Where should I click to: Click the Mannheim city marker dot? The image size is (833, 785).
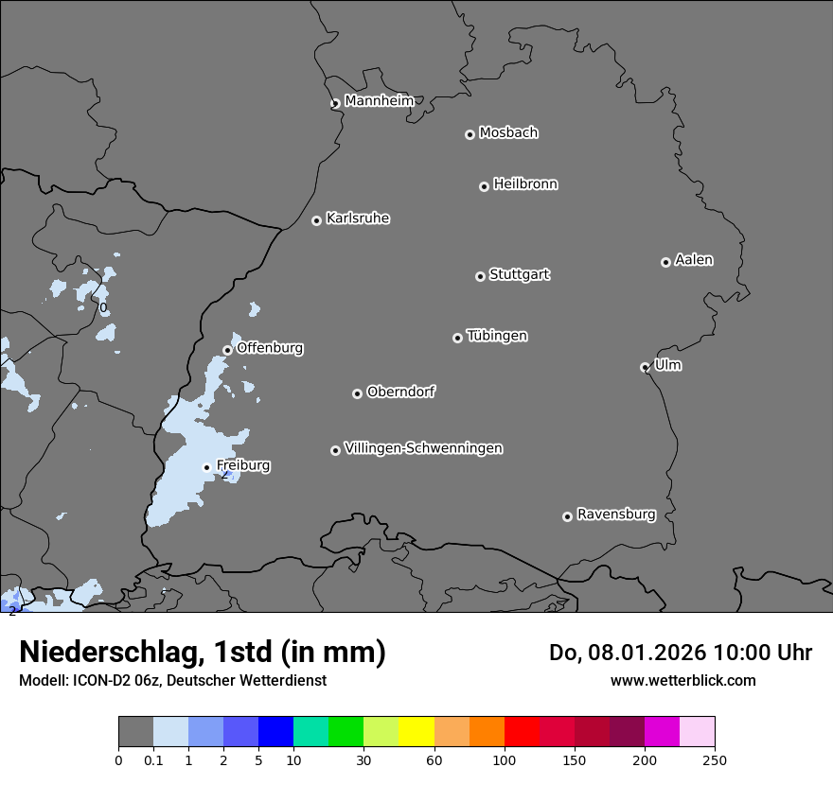(x=335, y=104)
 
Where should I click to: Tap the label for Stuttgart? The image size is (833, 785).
(x=519, y=274)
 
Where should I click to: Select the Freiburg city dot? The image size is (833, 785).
(x=206, y=467)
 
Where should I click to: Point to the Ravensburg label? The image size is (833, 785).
(x=616, y=515)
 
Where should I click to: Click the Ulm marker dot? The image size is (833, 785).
(x=645, y=367)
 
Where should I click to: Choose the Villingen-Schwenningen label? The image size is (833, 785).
(x=423, y=448)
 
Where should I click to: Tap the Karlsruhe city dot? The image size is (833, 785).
(x=316, y=220)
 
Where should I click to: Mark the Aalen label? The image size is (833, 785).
(x=694, y=260)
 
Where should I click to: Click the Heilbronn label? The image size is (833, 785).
(x=525, y=184)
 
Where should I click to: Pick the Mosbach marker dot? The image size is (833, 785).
(x=470, y=134)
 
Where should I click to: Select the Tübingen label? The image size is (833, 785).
(x=497, y=336)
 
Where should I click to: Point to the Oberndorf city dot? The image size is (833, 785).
(x=357, y=393)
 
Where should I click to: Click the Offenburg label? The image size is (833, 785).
(x=270, y=348)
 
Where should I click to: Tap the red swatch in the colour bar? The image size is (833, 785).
(x=522, y=732)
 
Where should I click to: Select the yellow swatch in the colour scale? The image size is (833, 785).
(x=416, y=732)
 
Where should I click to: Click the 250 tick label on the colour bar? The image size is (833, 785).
(x=715, y=759)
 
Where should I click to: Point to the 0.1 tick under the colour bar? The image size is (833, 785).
(x=153, y=759)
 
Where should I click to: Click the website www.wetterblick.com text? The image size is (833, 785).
(x=682, y=680)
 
